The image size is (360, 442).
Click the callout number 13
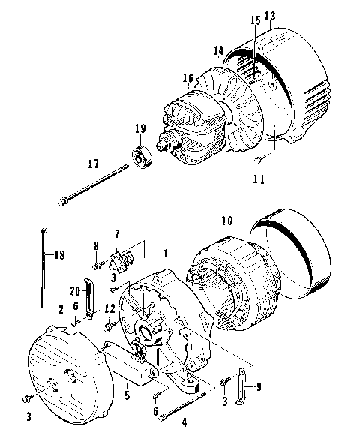270,16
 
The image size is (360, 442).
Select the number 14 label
218,51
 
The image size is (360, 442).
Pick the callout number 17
93,163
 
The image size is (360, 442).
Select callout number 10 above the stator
226,221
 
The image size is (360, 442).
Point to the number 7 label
116,236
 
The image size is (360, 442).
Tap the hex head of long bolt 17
63,200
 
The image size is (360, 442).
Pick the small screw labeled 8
97,264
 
